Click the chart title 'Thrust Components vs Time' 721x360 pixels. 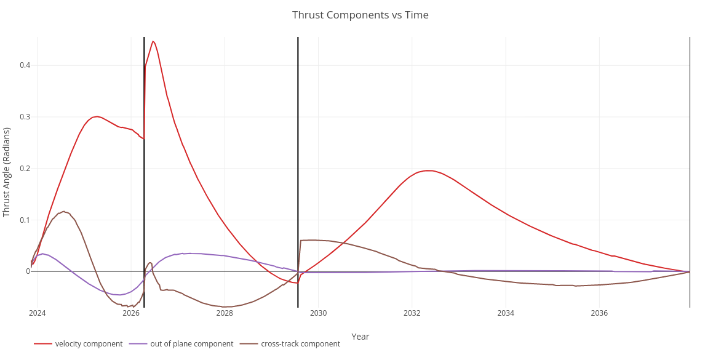pos(360,15)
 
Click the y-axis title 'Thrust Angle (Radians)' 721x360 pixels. pos(7,172)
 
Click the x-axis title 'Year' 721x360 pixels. pos(360,337)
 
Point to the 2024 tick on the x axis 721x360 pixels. pos(37,313)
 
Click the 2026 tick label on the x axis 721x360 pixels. pos(131,313)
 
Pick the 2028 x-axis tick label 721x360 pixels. pos(225,313)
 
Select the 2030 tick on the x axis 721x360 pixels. pos(318,313)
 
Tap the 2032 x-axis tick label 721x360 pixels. pos(412,313)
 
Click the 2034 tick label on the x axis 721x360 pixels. pos(506,313)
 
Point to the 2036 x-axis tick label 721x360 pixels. pos(599,313)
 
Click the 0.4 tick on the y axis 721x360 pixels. pos(25,65)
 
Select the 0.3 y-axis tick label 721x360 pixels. pos(25,117)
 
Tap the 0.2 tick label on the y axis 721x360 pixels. pos(25,169)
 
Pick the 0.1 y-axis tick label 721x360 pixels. pos(25,220)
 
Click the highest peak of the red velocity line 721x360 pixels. pos(153,41)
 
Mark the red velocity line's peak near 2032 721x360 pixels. pos(428,170)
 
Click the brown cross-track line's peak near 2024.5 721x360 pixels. pos(63,212)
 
